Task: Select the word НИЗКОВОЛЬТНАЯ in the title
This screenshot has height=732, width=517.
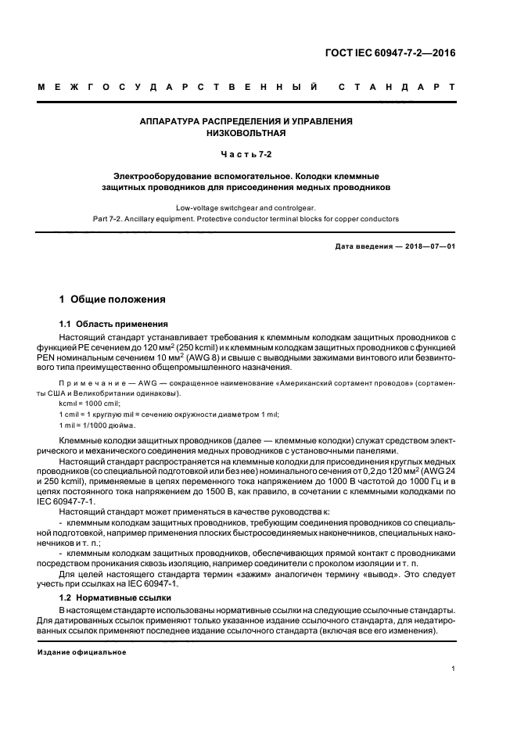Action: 246,133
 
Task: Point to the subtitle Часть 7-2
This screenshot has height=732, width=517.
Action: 246,155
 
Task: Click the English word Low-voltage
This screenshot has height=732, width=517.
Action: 203,208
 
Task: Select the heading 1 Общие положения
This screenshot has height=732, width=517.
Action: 113,299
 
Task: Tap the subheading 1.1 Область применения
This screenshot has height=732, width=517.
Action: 113,324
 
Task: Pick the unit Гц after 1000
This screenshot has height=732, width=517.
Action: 420,482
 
